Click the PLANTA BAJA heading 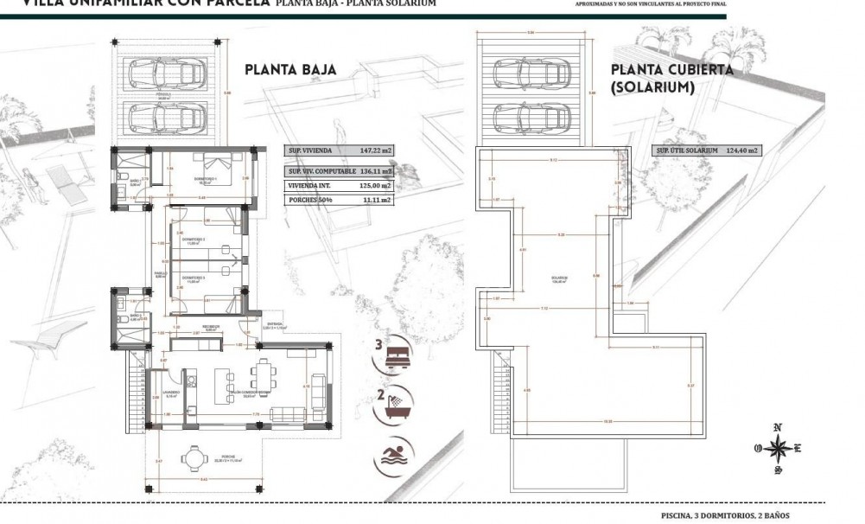coord(289,70)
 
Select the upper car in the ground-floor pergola coord(165,73)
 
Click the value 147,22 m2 coord(375,150)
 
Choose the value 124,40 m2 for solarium coord(742,150)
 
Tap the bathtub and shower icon coord(395,403)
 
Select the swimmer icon coord(395,453)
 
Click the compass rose coord(779,448)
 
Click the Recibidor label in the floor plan coord(211,327)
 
